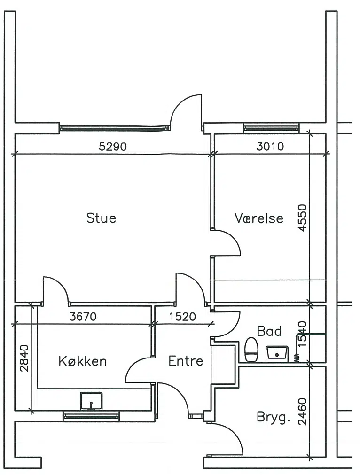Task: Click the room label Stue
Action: click(x=101, y=218)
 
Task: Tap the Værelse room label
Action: click(x=259, y=218)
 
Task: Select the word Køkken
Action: click(x=82, y=361)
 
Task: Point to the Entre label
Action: click(x=186, y=361)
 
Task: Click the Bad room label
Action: click(x=269, y=331)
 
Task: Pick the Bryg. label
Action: click(x=274, y=418)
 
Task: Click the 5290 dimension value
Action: click(x=113, y=147)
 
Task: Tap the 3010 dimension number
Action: click(x=270, y=147)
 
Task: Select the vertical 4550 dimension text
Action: click(x=302, y=218)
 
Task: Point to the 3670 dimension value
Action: click(x=83, y=317)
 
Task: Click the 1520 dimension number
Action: click(x=182, y=317)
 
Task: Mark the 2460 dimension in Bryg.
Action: click(x=302, y=412)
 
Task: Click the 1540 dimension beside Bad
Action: click(x=302, y=334)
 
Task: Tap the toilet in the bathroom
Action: click(x=251, y=350)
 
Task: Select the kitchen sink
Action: click(x=91, y=401)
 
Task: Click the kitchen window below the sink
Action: click(x=91, y=417)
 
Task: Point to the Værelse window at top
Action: click(x=271, y=128)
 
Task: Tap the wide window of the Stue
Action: click(x=115, y=128)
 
